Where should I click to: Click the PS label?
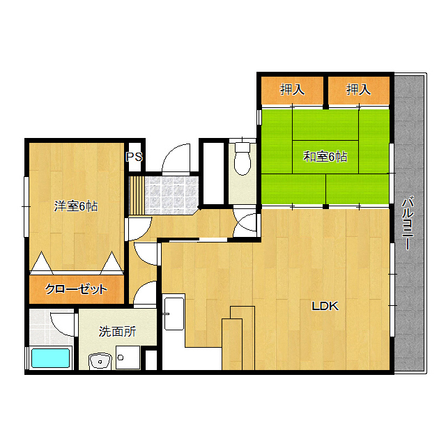click(x=134, y=157)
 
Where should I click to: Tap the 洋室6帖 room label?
click(x=76, y=206)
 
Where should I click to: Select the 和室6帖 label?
click(x=325, y=157)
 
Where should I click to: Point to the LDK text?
click(x=325, y=306)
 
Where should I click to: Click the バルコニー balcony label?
click(x=407, y=223)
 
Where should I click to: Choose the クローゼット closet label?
click(x=76, y=289)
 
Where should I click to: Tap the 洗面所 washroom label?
click(x=117, y=332)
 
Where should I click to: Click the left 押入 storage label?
click(x=292, y=89)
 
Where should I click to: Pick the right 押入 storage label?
click(x=358, y=89)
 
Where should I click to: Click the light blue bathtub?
click(x=51, y=357)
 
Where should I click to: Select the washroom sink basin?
click(x=100, y=361)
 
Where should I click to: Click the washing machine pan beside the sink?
click(x=128, y=357)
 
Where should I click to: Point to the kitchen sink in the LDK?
click(x=174, y=314)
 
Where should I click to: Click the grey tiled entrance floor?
click(x=172, y=195)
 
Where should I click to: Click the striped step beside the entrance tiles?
click(x=137, y=195)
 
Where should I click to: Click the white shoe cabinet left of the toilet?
click(x=214, y=174)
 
